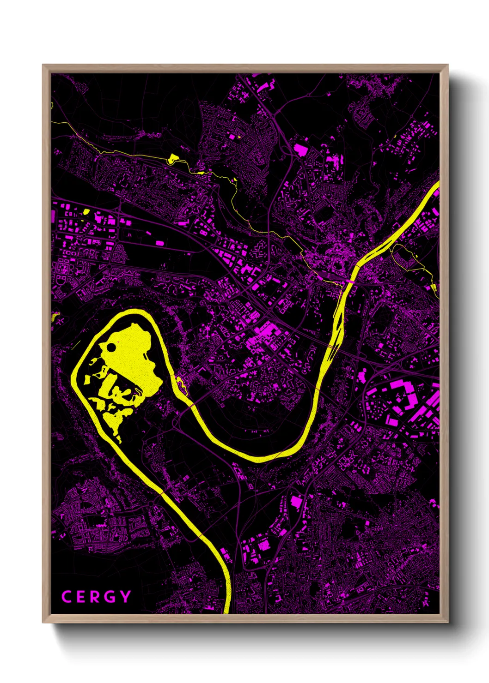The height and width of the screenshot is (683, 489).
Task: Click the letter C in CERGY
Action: pyautogui.click(x=66, y=597)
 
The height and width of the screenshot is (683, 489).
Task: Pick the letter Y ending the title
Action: pyautogui.click(x=125, y=597)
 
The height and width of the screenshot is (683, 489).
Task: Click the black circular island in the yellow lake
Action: pyautogui.click(x=111, y=347)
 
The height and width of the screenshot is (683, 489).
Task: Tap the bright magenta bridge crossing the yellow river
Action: pyautogui.click(x=350, y=281)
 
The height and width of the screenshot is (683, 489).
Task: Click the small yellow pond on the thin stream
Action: pyautogui.click(x=173, y=158)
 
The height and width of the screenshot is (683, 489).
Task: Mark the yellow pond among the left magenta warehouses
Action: pyautogui.click(x=86, y=212)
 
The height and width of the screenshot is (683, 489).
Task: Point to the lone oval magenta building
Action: pyautogui.click(x=159, y=243)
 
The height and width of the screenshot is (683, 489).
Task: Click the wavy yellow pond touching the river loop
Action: pyautogui.click(x=180, y=383)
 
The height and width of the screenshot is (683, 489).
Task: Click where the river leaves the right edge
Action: pyautogui.click(x=437, y=187)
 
